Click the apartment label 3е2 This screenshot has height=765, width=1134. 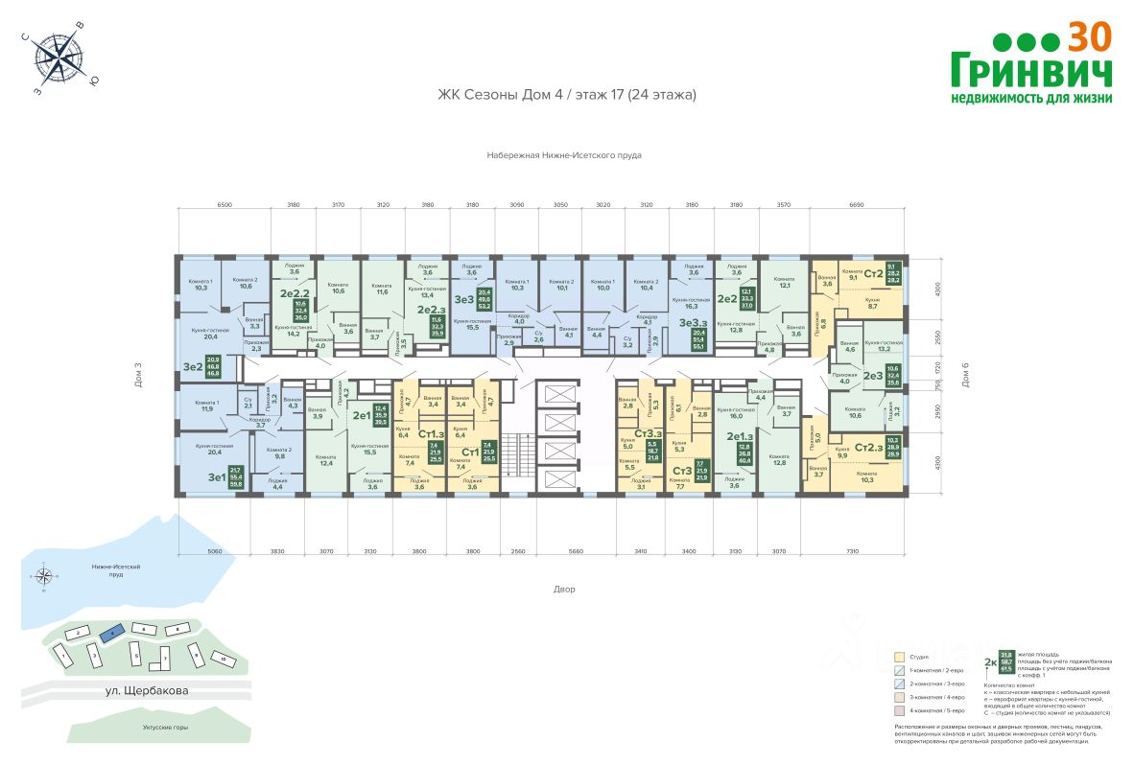191,367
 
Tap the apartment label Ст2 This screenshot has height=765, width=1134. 873,274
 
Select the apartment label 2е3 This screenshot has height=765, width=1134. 872,376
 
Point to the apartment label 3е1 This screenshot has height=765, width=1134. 190,476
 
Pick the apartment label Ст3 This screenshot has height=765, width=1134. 682,471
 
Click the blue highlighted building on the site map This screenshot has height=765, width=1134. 112,633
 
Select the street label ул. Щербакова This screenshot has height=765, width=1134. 147,689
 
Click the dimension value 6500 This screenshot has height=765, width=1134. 224,204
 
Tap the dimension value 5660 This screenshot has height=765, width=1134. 576,553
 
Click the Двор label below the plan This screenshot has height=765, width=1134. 564,589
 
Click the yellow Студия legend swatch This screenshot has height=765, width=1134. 898,658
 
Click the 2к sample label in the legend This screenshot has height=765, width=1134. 990,662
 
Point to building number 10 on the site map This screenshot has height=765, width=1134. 223,661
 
